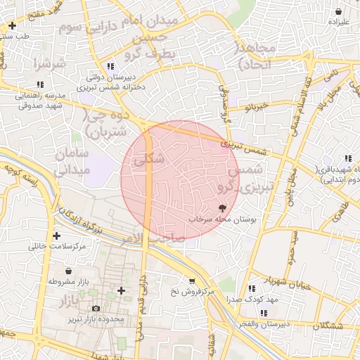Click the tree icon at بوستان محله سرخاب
223,207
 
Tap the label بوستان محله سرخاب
223,219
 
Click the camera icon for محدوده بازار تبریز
96,308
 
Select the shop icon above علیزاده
339,12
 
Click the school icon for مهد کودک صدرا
251,288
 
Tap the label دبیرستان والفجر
263,324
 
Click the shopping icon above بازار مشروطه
67,271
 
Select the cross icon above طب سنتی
11,26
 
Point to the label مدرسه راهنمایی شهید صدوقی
39,99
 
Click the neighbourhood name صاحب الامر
162,238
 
